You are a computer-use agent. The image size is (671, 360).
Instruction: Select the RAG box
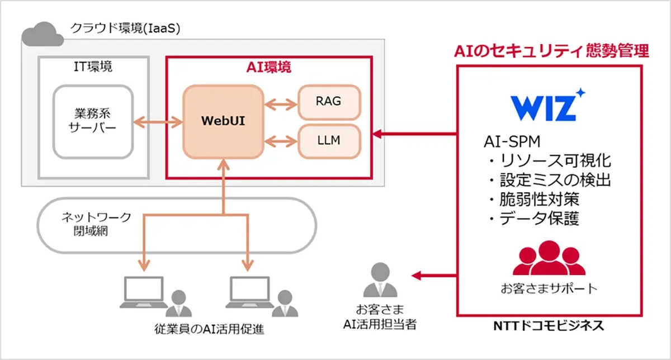pyautogui.click(x=328, y=102)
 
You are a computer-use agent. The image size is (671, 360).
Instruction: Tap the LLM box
pyautogui.click(x=328, y=140)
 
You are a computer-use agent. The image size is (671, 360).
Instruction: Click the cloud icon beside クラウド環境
pyautogui.click(x=42, y=33)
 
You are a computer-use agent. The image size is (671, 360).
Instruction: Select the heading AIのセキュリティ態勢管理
pyautogui.click(x=550, y=51)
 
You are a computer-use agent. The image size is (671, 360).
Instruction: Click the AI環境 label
pyautogui.click(x=268, y=67)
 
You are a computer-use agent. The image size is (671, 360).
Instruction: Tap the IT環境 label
pyautogui.click(x=93, y=67)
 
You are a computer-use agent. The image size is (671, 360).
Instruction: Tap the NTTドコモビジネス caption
pyautogui.click(x=549, y=325)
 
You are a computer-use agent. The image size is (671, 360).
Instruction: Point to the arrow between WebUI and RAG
pyautogui.click(x=281, y=103)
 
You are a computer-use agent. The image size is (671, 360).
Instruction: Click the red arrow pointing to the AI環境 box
pyautogui.click(x=414, y=134)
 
